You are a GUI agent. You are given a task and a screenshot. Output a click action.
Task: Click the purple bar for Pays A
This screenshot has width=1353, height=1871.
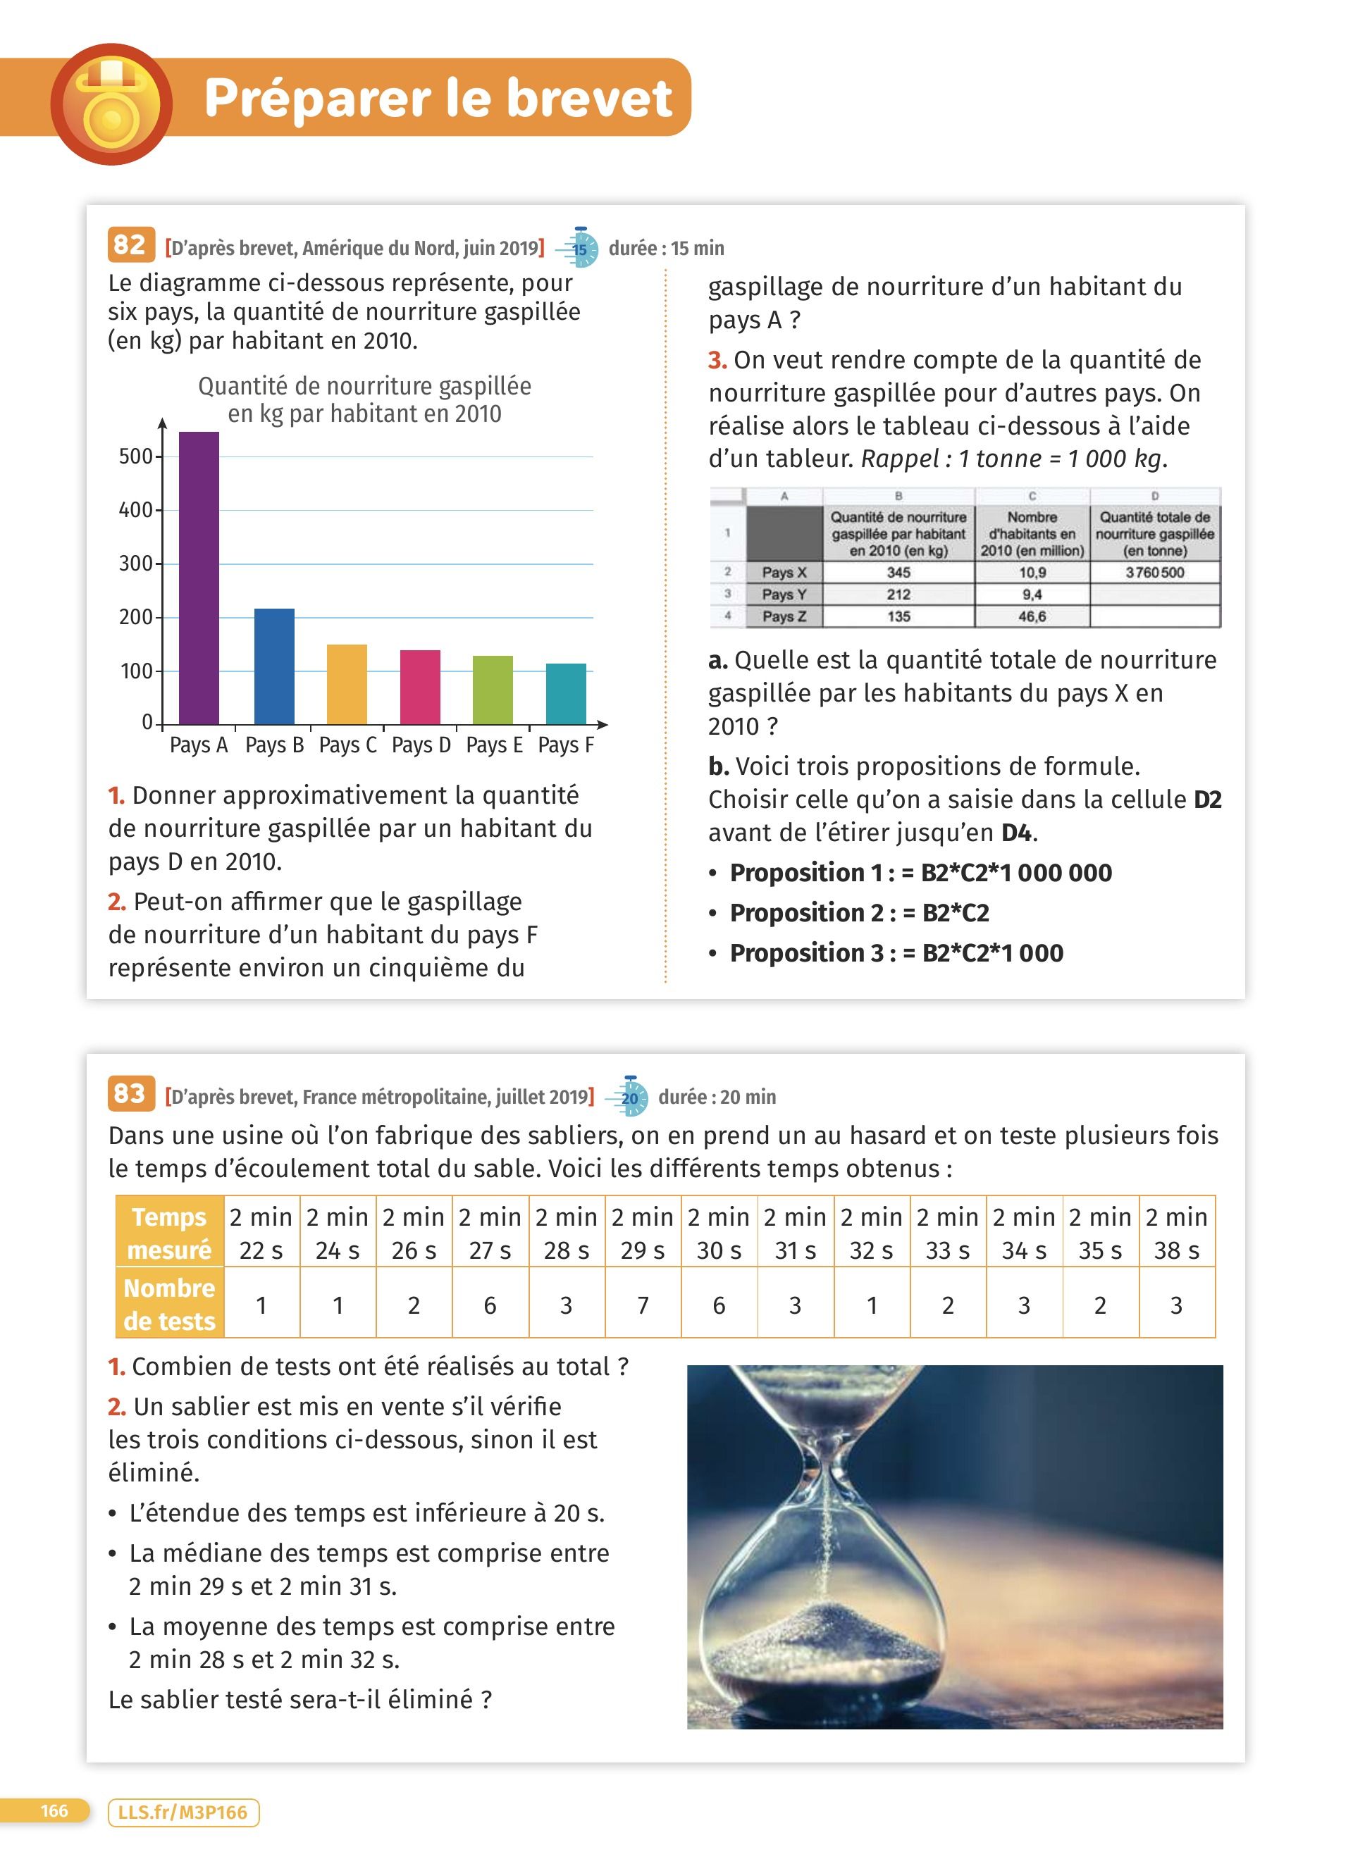click(x=199, y=578)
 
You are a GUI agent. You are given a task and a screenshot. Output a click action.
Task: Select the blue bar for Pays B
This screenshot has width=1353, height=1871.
click(x=274, y=666)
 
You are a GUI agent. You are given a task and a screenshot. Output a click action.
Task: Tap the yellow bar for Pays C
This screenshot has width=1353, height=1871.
click(x=347, y=685)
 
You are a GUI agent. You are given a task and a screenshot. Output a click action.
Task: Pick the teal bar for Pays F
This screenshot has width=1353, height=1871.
click(x=566, y=694)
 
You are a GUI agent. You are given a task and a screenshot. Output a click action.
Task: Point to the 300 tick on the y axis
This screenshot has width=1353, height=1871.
click(x=136, y=564)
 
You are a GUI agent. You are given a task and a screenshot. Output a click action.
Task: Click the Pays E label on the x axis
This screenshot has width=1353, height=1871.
click(x=494, y=745)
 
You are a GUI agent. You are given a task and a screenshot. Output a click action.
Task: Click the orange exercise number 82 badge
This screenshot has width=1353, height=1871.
click(x=130, y=245)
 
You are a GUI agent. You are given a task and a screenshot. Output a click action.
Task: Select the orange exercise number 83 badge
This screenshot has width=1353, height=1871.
click(x=130, y=1094)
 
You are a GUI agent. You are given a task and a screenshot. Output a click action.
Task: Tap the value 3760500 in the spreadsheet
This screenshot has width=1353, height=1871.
click(x=1154, y=573)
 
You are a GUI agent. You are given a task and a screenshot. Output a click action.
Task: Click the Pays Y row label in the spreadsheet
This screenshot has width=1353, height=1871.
click(x=784, y=594)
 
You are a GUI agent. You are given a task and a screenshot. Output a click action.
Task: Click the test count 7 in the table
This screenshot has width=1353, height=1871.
click(x=643, y=1305)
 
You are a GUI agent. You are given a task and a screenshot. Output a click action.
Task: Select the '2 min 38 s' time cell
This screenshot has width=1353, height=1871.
click(x=1176, y=1233)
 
